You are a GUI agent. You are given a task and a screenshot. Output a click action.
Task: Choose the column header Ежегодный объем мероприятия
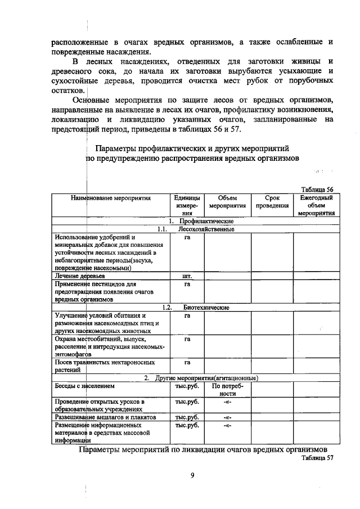(317, 205)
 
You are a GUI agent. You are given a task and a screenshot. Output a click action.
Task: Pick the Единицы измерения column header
(187, 205)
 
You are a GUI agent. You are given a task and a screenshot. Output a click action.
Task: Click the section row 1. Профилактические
(195, 221)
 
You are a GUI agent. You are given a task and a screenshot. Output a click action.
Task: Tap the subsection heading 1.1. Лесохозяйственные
(195, 229)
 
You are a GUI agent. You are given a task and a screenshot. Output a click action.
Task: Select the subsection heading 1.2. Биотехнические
(195, 308)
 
